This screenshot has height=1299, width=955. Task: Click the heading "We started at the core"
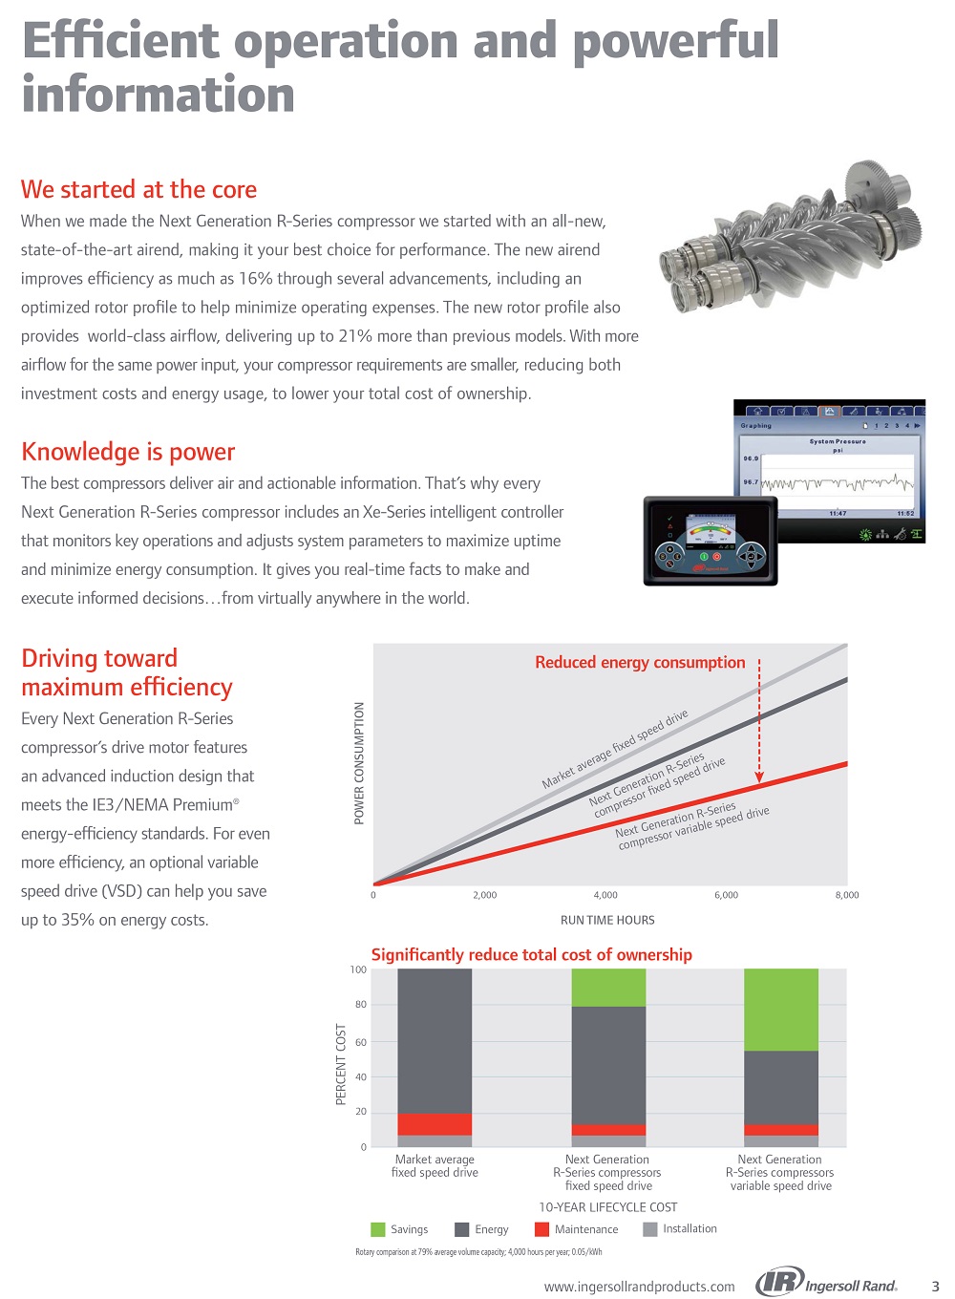[138, 189]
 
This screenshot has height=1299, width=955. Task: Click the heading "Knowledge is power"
[128, 452]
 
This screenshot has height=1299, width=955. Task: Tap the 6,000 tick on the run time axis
[726, 895]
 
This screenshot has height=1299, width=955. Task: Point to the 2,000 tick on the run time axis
[484, 895]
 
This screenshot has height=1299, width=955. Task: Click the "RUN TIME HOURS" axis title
[607, 920]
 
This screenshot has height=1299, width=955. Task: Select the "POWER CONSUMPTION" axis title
[359, 763]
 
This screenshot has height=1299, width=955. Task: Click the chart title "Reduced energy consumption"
[640, 662]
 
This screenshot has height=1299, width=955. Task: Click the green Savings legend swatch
[378, 1229]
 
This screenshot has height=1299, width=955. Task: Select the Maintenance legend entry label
[586, 1229]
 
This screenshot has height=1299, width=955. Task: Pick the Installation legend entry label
[690, 1228]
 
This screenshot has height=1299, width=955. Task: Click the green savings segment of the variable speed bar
[781, 1010]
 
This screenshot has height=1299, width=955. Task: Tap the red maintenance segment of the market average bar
[435, 1124]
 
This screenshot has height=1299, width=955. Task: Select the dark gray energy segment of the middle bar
[608, 1065]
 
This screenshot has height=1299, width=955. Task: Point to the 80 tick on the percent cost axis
[360, 1005]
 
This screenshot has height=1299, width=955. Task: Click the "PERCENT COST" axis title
[341, 1064]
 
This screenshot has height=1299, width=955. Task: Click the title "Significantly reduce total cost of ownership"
[531, 954]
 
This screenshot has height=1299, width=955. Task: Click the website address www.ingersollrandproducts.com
[640, 1287]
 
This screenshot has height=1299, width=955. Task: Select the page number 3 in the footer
[935, 1287]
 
